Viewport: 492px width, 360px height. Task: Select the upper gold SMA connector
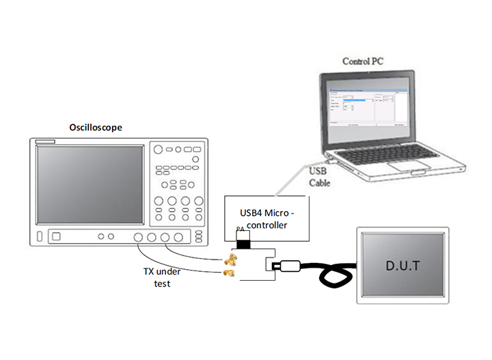(x=230, y=260)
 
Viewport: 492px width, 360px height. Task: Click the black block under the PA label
(x=242, y=243)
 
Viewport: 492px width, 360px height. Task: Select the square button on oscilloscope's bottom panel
(x=56, y=237)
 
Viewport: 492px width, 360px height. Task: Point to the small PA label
(x=240, y=230)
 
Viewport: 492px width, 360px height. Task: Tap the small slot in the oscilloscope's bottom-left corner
(x=39, y=237)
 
